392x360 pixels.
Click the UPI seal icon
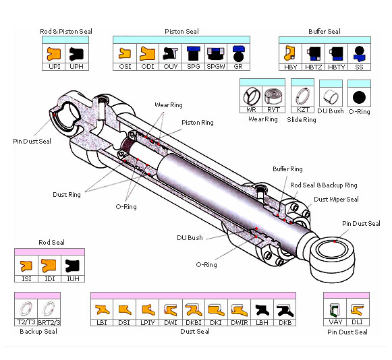coord(54,53)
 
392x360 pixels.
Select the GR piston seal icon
coord(237,53)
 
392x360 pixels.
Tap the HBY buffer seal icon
coord(291,53)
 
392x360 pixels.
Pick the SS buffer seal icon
coord(359,53)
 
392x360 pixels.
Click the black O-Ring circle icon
coord(359,98)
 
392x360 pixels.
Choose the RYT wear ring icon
coord(274,96)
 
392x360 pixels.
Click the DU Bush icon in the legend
coord(331,96)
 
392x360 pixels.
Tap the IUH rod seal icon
coord(72,266)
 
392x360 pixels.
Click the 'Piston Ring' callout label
coord(197,123)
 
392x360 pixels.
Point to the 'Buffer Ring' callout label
coord(287,169)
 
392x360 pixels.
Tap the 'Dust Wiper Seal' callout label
coord(336,200)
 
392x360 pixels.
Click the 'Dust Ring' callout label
coord(67,195)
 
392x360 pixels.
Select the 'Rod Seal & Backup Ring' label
coord(324,185)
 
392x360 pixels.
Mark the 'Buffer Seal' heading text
coord(325,32)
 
